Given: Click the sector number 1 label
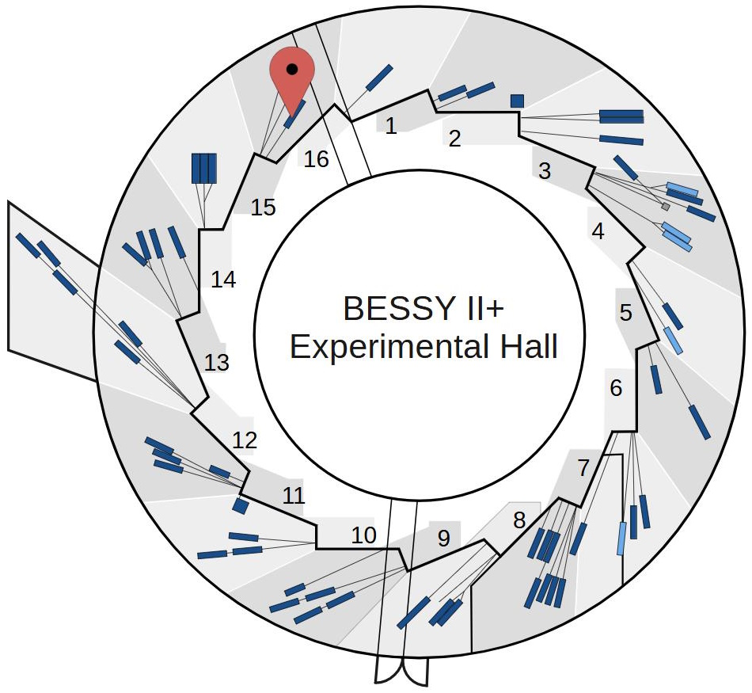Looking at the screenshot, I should point(391,125).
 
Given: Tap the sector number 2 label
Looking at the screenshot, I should point(454,139).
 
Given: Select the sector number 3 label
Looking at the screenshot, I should point(544,170).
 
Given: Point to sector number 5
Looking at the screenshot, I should point(625,313).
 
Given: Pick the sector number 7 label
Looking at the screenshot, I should point(583,468).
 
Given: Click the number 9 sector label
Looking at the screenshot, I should point(443,539).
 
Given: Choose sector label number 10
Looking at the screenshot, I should point(363,535).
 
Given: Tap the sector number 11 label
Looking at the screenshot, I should point(294,497).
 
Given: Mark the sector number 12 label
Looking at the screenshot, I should point(245,440).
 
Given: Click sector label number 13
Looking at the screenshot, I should point(216,362).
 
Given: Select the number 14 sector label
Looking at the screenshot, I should point(224,280).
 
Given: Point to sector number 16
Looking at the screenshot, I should point(316,159).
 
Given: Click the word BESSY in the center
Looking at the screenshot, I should point(389,309).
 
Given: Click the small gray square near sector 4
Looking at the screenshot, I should point(666,207).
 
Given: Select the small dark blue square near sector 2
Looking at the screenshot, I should point(517,101).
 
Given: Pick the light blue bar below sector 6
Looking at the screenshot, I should point(622,539).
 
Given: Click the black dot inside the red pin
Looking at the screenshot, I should point(292,69).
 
